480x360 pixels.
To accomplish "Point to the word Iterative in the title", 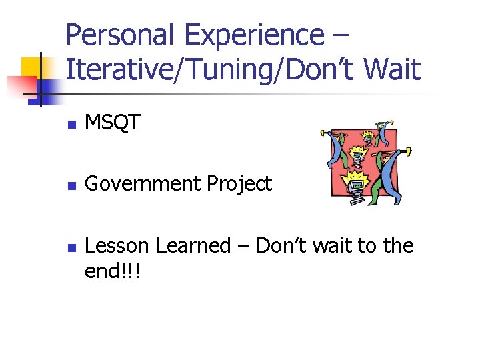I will pyautogui.click(x=113, y=69).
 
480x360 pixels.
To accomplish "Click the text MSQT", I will pyautogui.click(x=113, y=122).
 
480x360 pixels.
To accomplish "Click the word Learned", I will pyautogui.click(x=193, y=246).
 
